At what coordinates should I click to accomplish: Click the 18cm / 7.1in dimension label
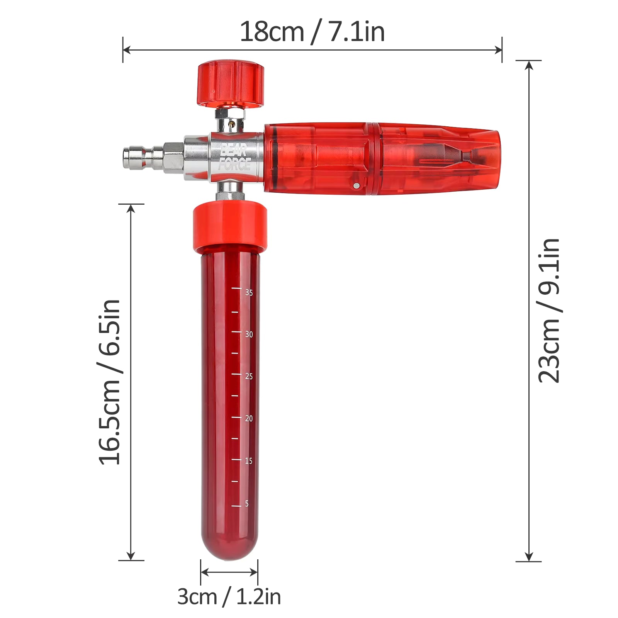[312, 32]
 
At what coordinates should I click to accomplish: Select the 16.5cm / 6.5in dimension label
[110, 382]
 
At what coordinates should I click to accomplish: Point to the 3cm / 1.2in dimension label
[229, 597]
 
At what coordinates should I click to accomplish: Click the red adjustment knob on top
[231, 83]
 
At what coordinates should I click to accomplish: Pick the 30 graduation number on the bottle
[249, 334]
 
